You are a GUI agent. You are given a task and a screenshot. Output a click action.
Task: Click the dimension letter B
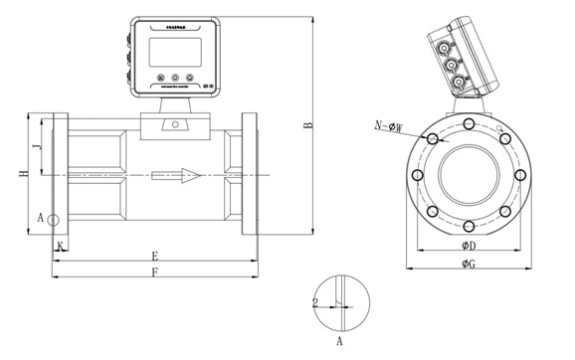pos(308,125)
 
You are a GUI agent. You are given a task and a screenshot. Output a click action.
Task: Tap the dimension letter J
pos(37,147)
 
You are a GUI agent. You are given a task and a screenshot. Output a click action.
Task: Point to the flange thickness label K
pos(60,244)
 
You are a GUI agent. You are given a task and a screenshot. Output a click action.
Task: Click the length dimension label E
pos(154,256)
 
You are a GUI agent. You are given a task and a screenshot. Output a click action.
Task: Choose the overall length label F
pos(154,271)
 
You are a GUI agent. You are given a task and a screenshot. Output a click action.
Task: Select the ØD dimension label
pos(468,246)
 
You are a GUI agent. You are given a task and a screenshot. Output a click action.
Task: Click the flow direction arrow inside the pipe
pos(178,176)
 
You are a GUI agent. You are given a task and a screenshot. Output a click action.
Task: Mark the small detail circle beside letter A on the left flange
pos(54,219)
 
